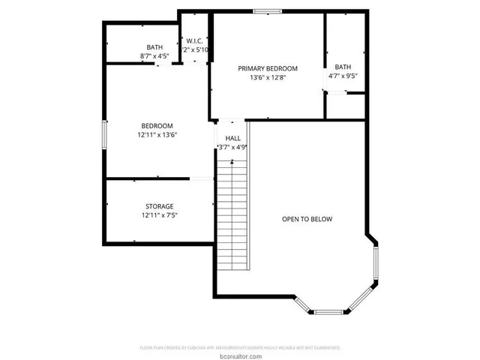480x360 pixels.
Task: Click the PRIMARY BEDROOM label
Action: (x=268, y=67)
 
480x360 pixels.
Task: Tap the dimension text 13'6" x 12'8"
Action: (x=268, y=76)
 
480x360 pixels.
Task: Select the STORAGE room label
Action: (x=159, y=206)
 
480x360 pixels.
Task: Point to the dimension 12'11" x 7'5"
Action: (x=159, y=215)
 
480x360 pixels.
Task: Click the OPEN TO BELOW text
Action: (x=307, y=219)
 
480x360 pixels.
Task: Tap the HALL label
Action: (x=232, y=138)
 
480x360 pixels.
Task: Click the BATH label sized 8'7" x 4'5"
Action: (x=154, y=47)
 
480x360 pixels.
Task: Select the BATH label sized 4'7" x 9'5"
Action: (x=343, y=67)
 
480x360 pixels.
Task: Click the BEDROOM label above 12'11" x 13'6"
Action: (x=157, y=125)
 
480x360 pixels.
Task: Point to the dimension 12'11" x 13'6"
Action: (x=157, y=135)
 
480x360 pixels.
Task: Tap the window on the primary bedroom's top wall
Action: (x=266, y=10)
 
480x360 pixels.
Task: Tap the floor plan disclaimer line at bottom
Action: (x=240, y=348)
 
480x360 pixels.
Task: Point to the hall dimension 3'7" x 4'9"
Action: (x=232, y=147)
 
